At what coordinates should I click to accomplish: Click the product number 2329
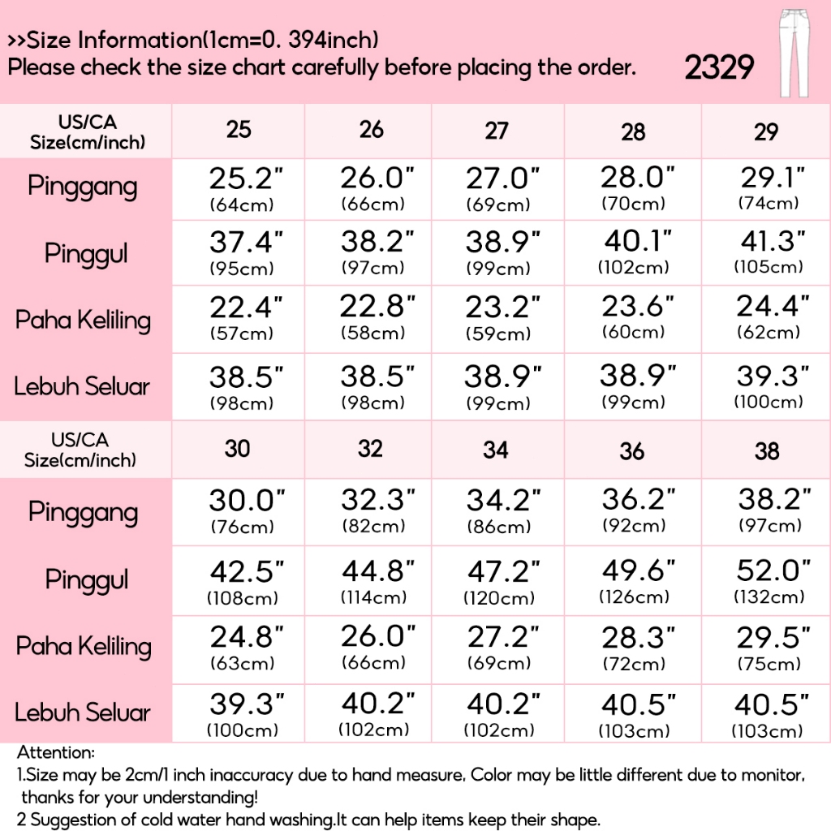pyautogui.click(x=719, y=68)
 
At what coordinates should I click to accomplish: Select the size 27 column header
pyautogui.click(x=497, y=131)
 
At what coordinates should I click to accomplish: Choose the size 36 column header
pyautogui.click(x=631, y=451)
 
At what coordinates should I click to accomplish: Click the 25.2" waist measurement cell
pyautogui.click(x=241, y=188)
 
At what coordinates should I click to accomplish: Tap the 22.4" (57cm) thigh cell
pyautogui.click(x=241, y=318)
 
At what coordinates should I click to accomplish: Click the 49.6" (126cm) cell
pyautogui.click(x=633, y=581)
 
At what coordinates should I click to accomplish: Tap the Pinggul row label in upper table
pyautogui.click(x=86, y=254)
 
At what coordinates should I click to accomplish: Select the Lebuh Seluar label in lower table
pyautogui.click(x=83, y=713)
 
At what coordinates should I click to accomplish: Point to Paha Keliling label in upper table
pyautogui.click(x=83, y=321)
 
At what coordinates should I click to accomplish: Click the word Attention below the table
pyautogui.click(x=56, y=755)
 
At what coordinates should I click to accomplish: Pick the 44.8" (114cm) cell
pyautogui.click(x=371, y=581)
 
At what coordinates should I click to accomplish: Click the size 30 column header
pyautogui.click(x=237, y=448)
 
